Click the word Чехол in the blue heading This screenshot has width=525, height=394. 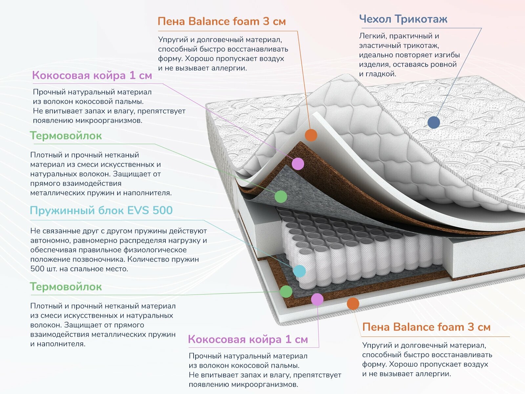[x=375, y=19]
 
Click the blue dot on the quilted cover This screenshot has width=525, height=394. [x=433, y=122]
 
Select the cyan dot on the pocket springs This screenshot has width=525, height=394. [x=299, y=271]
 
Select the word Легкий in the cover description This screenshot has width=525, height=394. [x=371, y=36]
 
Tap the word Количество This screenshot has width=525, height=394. [x=148, y=259]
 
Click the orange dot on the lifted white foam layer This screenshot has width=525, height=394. [x=311, y=135]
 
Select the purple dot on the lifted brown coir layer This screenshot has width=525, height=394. [x=298, y=164]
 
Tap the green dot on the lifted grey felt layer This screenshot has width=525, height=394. [x=281, y=197]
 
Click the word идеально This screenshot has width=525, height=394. [x=374, y=55]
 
